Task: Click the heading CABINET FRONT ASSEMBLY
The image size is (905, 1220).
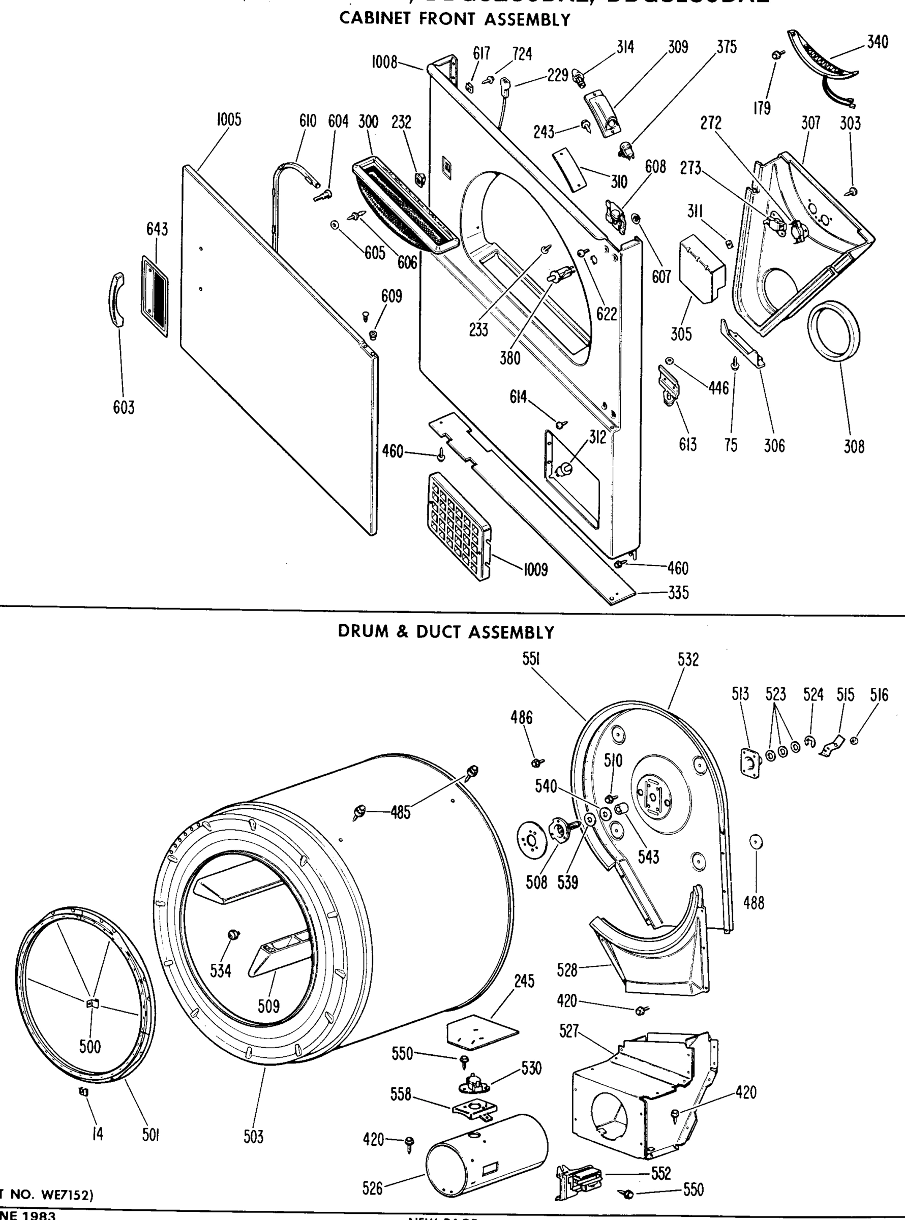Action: pos(455,20)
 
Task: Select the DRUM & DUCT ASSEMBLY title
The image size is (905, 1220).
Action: pos(446,632)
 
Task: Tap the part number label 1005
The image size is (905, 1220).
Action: pos(228,120)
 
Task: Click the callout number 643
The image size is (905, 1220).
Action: pos(157,229)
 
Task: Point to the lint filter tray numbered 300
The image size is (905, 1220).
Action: pos(404,208)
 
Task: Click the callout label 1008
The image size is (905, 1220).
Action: pos(384,63)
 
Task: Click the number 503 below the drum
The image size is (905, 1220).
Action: pos(253,1137)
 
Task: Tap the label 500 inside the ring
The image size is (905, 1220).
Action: pos(90,1047)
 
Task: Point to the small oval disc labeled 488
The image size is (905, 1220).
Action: pos(757,842)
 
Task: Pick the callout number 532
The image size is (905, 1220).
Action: pos(688,659)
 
